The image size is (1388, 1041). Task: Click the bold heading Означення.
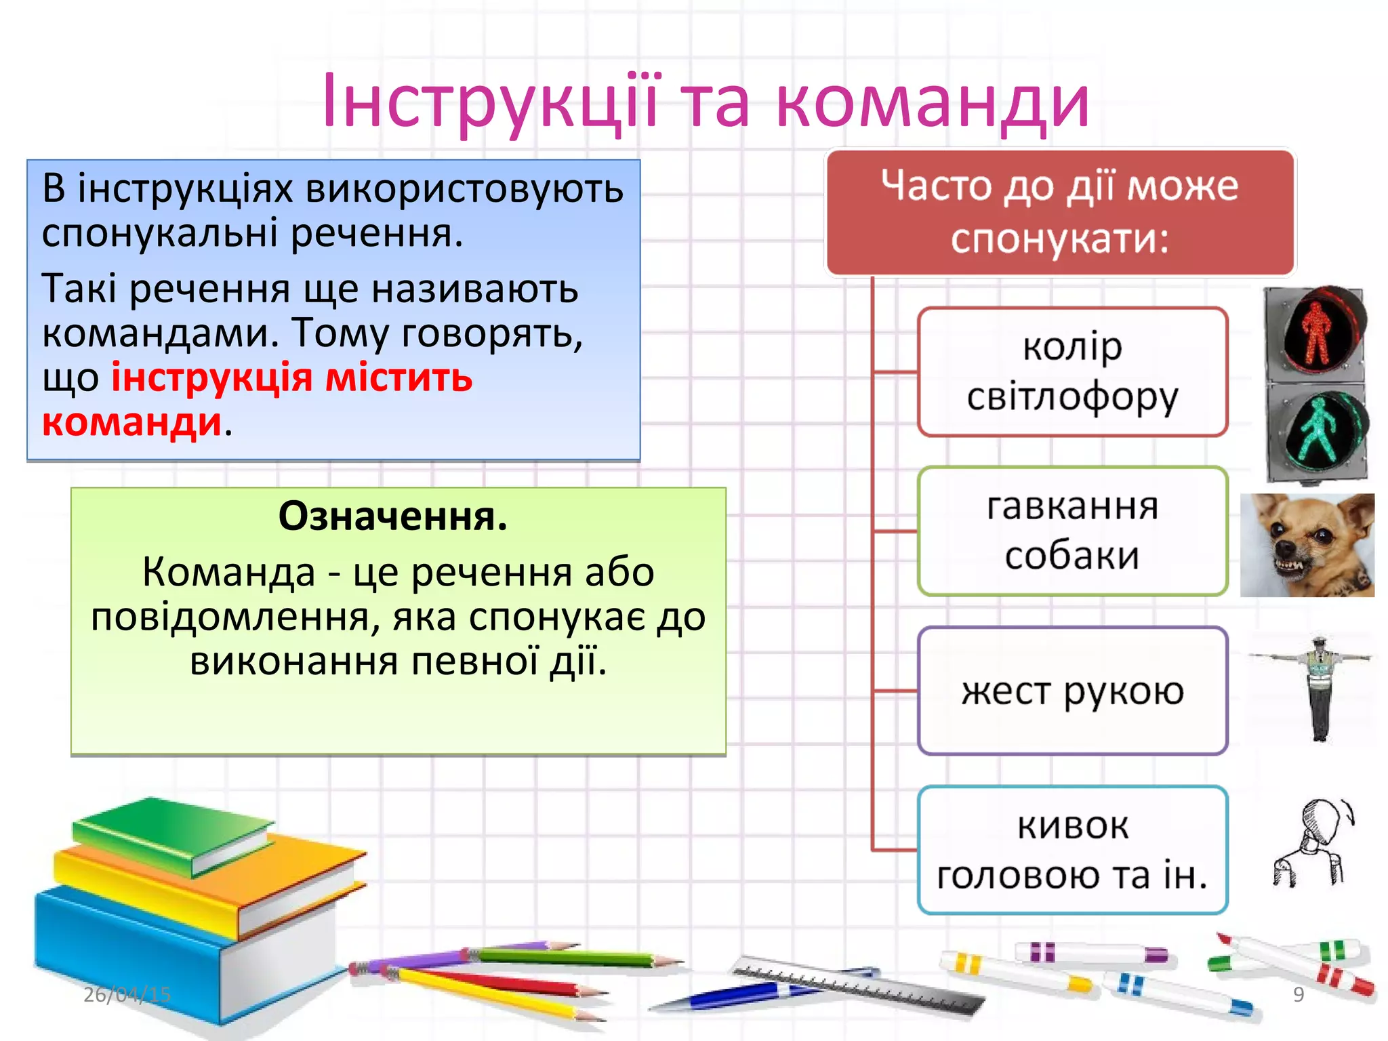click(x=392, y=516)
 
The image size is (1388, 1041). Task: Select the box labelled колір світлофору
click(x=1072, y=371)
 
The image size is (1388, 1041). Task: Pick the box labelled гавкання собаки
click(x=1072, y=531)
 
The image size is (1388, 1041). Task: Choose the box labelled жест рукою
click(x=1072, y=691)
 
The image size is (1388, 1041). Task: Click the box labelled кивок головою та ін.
click(x=1072, y=850)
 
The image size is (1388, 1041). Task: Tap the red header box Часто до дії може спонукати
click(x=1060, y=212)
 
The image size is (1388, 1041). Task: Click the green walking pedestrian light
click(x=1318, y=430)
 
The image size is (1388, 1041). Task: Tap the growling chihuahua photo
click(x=1307, y=545)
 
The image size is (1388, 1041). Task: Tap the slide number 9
click(x=1299, y=994)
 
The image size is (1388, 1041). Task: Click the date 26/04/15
click(x=127, y=994)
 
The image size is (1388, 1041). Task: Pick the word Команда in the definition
click(x=229, y=572)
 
